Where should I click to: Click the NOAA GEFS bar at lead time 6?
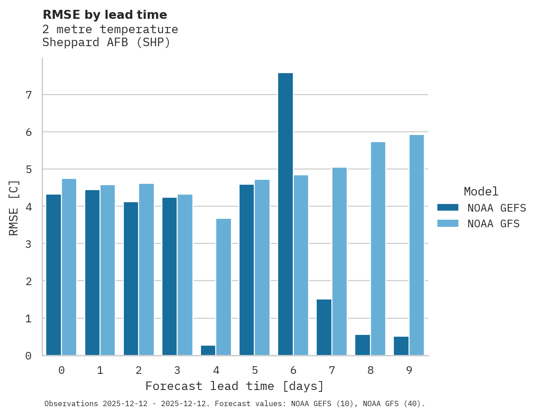pyautogui.click(x=285, y=214)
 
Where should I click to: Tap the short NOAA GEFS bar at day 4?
pyautogui.click(x=208, y=350)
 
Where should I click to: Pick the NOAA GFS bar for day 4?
pyautogui.click(x=223, y=287)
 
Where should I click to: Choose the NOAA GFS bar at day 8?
pyautogui.click(x=378, y=248)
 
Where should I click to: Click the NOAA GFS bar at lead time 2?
pyautogui.click(x=146, y=269)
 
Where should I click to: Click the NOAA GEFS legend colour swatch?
pyautogui.click(x=448, y=208)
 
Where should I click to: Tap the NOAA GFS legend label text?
pyautogui.click(x=493, y=224)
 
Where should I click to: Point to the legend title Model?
pyautogui.click(x=481, y=192)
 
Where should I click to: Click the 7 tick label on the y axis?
pyautogui.click(x=28, y=95)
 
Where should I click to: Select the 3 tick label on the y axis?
pyautogui.click(x=28, y=244)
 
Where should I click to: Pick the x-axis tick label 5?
pyautogui.click(x=255, y=370)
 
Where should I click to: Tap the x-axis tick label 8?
pyautogui.click(x=370, y=370)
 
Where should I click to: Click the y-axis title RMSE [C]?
pyautogui.click(x=14, y=208)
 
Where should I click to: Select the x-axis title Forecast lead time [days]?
pyautogui.click(x=234, y=386)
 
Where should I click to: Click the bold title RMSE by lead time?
pyautogui.click(x=105, y=15)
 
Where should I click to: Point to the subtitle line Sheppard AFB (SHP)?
pyautogui.click(x=106, y=43)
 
